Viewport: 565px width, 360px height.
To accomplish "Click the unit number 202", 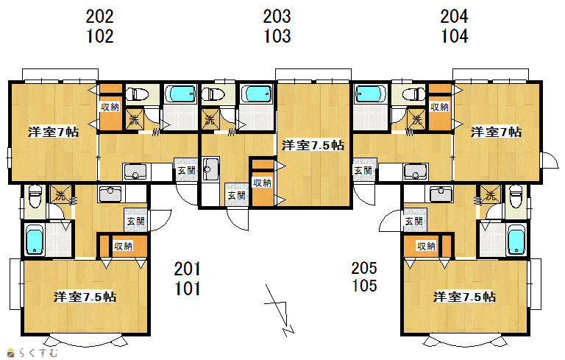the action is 100,16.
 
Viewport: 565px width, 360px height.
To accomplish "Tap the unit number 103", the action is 277,36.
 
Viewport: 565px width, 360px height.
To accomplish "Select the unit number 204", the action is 455,16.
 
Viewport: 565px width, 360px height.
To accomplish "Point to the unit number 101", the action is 188,289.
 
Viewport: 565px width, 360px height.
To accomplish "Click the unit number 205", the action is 365,268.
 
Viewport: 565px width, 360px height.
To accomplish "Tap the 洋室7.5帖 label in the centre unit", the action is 313,145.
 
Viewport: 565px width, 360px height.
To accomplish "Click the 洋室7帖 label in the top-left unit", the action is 53,132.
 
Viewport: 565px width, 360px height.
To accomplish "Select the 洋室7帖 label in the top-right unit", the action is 496,132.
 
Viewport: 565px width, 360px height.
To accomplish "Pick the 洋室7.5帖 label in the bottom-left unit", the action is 85,297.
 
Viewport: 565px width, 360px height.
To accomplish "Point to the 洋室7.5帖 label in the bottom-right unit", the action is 464,297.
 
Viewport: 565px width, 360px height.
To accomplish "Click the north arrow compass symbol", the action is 280,311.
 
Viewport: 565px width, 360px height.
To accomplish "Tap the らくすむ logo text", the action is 38,353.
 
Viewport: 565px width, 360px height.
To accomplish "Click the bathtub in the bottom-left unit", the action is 35,240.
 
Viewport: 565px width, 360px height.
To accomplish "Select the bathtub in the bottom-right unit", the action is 516,240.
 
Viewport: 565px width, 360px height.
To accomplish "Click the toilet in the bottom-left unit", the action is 35,197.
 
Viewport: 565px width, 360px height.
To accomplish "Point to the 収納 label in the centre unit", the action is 263,183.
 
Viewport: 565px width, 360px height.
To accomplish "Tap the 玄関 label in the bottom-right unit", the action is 414,221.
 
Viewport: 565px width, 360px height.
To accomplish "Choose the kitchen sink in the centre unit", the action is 210,169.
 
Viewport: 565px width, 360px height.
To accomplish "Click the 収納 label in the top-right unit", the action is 440,107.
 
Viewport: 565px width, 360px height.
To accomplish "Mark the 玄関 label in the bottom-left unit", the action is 136,221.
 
